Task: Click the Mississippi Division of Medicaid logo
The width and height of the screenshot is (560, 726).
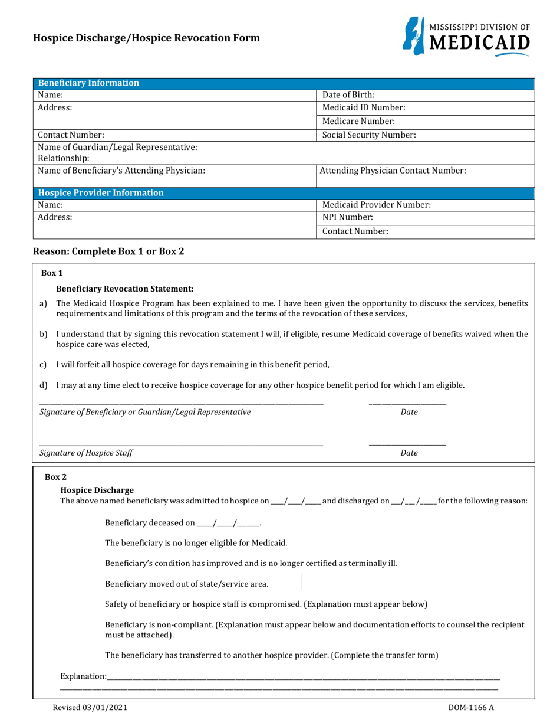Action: coord(466,36)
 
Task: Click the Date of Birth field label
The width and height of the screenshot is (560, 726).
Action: coord(348,95)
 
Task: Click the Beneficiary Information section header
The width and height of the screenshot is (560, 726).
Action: coord(88,83)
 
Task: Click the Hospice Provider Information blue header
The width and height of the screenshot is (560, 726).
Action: coord(101,193)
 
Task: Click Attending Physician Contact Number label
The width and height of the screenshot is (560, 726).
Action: coord(393,171)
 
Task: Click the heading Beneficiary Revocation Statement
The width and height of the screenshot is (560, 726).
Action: coord(125,289)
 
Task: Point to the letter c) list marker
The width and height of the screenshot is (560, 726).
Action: coord(43,365)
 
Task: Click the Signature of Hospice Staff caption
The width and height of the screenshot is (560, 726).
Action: coord(86,453)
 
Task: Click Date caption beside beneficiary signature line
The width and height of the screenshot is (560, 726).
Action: coord(409,412)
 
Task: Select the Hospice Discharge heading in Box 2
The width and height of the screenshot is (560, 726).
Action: coord(97,490)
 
